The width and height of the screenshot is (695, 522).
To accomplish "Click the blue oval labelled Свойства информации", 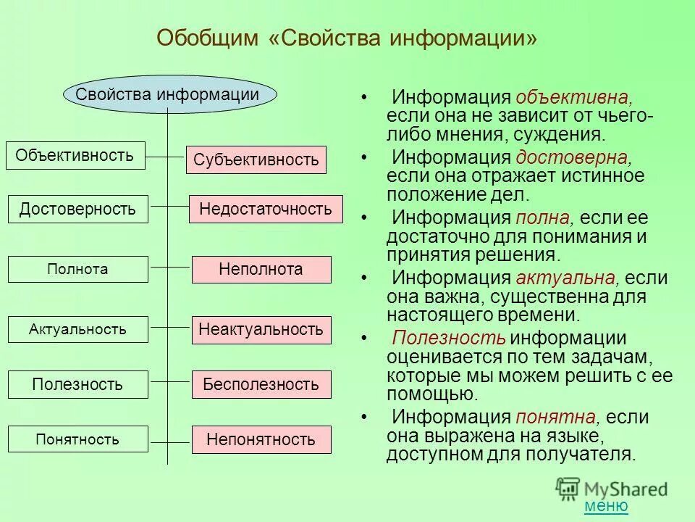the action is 167,94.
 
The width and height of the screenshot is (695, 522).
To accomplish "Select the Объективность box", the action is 75,155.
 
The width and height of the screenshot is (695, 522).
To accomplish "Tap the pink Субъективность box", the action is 256,159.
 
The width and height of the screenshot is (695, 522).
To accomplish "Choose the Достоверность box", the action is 77,210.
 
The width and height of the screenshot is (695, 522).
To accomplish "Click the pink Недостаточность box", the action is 266,210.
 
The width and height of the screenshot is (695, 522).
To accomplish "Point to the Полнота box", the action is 77,270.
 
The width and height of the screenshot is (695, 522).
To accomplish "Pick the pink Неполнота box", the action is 261,270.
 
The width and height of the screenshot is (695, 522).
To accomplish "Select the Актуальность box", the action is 77,330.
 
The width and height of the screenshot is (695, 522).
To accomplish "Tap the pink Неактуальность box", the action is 261,330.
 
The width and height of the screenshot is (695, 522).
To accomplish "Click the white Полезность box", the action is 77,384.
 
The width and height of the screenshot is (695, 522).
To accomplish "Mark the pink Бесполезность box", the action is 261,384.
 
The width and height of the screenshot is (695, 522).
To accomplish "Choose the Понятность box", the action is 77,439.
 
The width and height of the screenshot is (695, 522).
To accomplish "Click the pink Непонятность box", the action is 261,439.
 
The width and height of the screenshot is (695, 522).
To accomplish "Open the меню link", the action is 606,506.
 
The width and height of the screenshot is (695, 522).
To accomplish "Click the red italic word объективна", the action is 575,98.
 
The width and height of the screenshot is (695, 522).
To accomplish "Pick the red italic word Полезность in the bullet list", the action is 448,339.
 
